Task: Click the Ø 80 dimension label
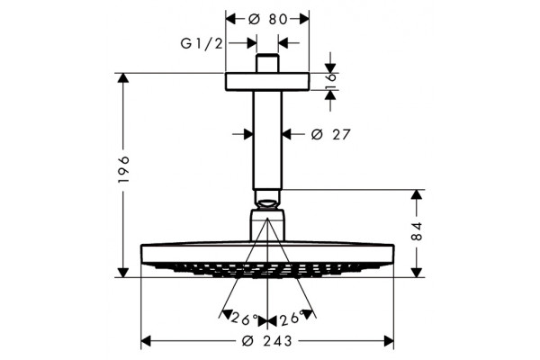[267, 19]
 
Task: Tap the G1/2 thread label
[202, 44]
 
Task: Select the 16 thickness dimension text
[330, 82]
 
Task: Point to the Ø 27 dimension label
[330, 134]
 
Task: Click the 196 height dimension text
[123, 169]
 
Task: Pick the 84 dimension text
[417, 231]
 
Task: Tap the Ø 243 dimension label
[267, 341]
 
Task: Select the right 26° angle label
[292, 318]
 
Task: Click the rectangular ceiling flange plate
[267, 82]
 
